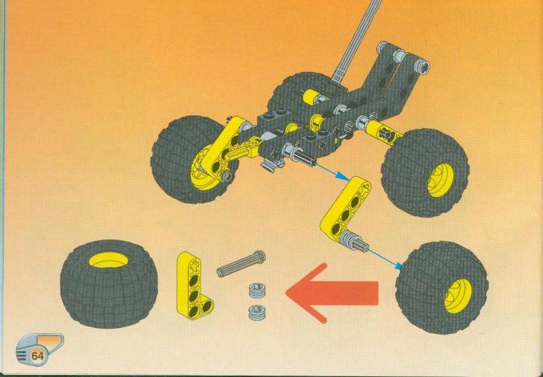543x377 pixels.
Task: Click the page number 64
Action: (x=38, y=356)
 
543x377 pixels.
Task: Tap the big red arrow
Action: (x=332, y=293)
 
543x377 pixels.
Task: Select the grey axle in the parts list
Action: (x=241, y=264)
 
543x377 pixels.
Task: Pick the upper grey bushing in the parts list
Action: (x=256, y=290)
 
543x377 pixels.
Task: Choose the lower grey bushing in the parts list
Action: (x=256, y=312)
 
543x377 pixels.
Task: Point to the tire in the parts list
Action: (x=108, y=284)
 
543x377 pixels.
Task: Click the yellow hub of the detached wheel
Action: (x=458, y=296)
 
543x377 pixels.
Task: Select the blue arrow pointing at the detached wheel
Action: (x=385, y=258)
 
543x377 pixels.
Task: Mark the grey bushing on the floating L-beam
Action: (x=347, y=239)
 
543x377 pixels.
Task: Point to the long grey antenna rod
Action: (x=356, y=40)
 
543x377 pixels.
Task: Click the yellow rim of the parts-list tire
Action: (x=108, y=260)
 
